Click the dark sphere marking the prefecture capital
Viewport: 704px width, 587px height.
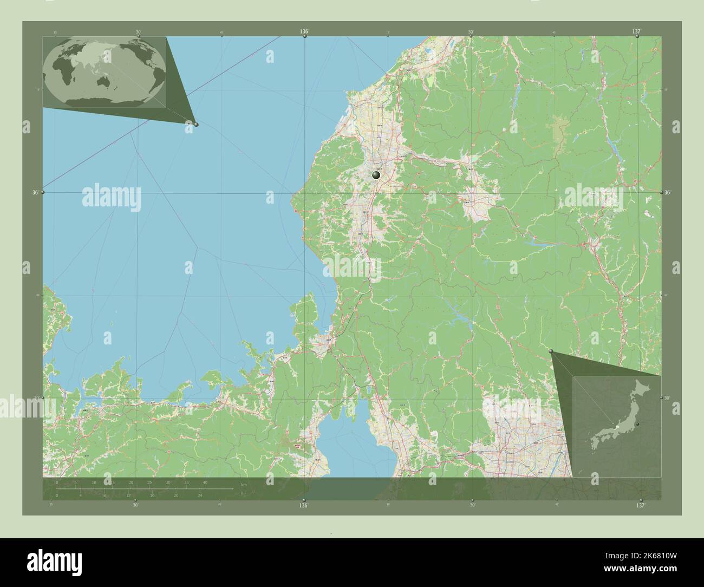tap(376, 175)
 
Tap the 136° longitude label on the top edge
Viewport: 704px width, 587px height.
tap(304, 32)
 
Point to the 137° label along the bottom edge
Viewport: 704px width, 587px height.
tap(641, 505)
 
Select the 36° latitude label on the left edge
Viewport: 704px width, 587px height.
tap(35, 192)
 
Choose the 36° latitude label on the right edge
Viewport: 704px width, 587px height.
tap(667, 192)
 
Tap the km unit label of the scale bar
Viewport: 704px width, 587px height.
tap(244, 484)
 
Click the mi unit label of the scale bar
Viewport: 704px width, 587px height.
tap(243, 493)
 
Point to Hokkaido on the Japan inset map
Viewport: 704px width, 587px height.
tap(643, 389)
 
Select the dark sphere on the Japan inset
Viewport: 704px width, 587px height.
tap(638, 423)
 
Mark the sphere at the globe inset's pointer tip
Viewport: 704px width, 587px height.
tap(196, 125)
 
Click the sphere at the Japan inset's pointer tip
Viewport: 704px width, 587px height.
tap(552, 352)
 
